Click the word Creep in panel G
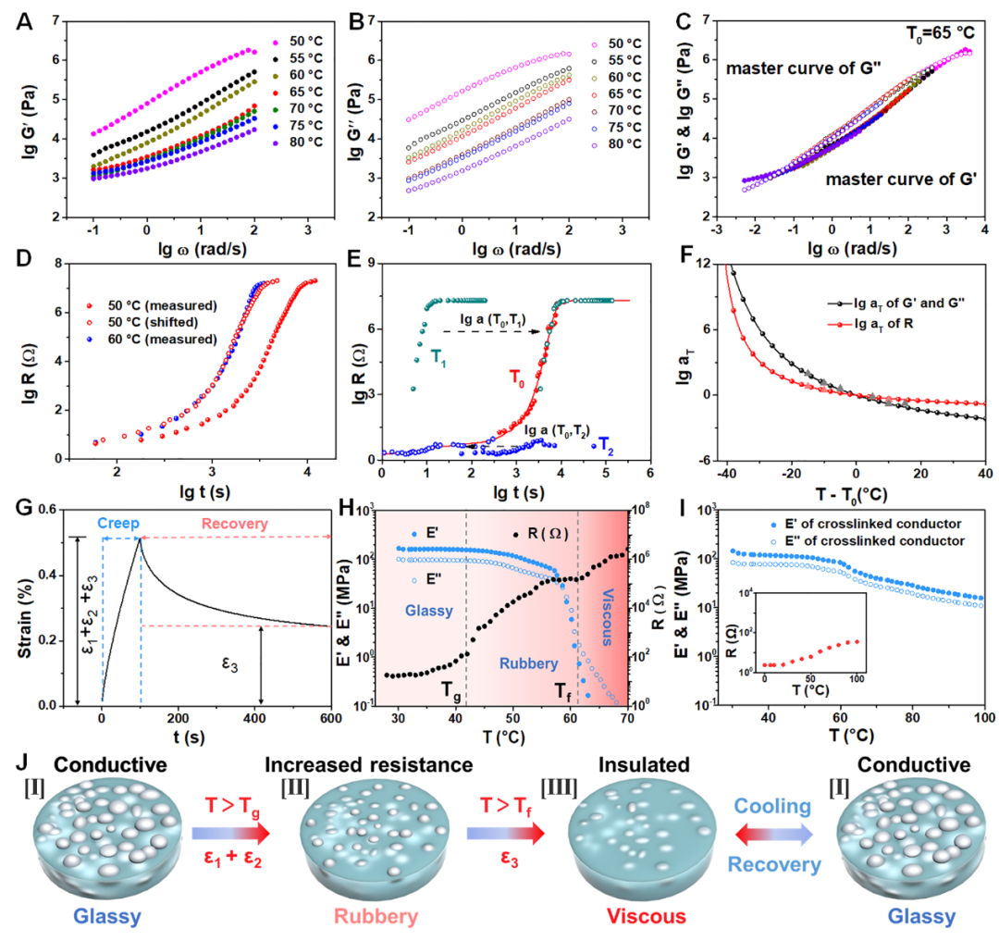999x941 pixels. (120, 524)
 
